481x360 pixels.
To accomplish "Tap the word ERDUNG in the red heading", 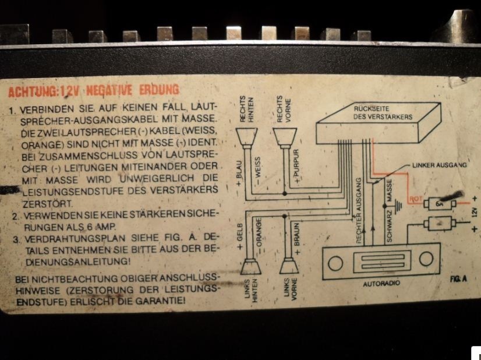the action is pos(159,90).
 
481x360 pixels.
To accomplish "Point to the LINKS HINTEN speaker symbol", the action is pos(250,266).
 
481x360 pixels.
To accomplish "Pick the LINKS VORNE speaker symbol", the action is pos(289,266).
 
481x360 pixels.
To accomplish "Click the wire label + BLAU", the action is pos(239,174).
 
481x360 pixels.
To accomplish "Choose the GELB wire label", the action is pos(240,236).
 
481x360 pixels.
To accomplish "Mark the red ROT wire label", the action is pos(416,199).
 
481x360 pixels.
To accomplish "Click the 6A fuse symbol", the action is pos(440,204).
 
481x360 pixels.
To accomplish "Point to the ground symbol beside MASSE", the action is pos(398,206).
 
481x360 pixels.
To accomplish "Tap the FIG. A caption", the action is pos(458,278).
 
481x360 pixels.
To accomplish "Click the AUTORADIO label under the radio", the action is pos(381,284).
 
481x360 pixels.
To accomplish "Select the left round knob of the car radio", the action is pos(335,264).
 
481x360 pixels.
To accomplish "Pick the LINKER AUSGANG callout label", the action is pos(439,165).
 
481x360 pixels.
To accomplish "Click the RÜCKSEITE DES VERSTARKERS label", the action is pos(383,112).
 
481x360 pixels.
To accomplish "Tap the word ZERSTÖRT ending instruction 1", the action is pos(48,203).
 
